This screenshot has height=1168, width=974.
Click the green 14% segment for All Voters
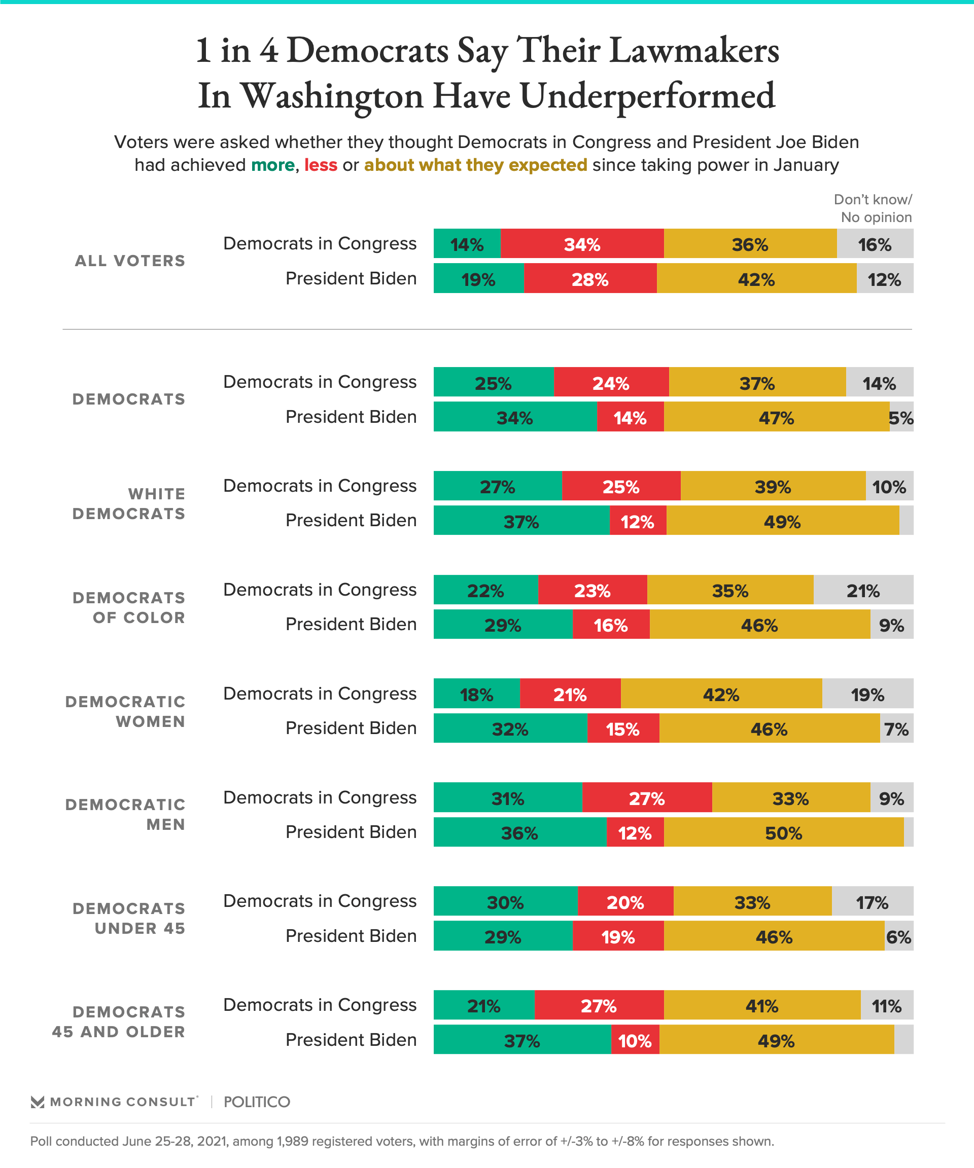click(467, 244)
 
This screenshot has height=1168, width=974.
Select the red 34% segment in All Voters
click(582, 244)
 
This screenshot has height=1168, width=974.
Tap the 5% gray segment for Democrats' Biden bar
click(901, 417)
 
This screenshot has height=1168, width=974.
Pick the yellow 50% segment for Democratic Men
click(784, 832)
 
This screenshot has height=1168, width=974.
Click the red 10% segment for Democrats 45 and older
click(635, 1040)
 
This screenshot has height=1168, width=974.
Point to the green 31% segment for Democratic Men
click(508, 797)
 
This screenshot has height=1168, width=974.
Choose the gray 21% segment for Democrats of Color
click(863, 590)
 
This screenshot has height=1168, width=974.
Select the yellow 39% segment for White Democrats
click(773, 486)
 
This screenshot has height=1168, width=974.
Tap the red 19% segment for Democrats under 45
click(618, 935)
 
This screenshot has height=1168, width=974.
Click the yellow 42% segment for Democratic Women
click(721, 693)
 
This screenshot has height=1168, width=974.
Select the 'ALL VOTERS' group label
click(130, 261)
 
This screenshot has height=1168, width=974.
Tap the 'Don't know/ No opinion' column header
click(873, 208)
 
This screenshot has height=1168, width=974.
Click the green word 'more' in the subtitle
click(273, 165)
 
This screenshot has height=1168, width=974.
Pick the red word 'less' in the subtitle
click(321, 165)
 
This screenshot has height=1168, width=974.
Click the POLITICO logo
click(257, 1102)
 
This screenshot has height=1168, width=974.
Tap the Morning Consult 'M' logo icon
click(38, 1102)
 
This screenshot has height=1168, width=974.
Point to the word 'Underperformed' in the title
click(647, 96)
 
